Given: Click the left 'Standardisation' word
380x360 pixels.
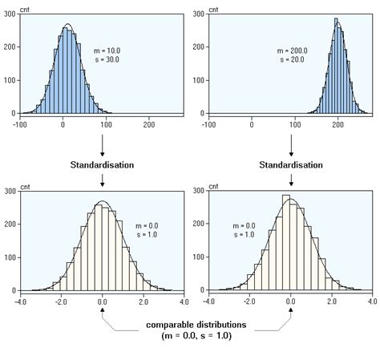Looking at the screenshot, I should coord(102,164).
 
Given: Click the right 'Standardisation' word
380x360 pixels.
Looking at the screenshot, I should coord(290,164).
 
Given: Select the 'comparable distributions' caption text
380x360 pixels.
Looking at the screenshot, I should coord(197,326).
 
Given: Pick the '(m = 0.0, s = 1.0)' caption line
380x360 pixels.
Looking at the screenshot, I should coord(197,338).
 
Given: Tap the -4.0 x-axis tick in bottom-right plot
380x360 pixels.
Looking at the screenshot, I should coord(208,303).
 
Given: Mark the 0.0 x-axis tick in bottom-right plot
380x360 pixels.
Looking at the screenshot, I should coord(290,303).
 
